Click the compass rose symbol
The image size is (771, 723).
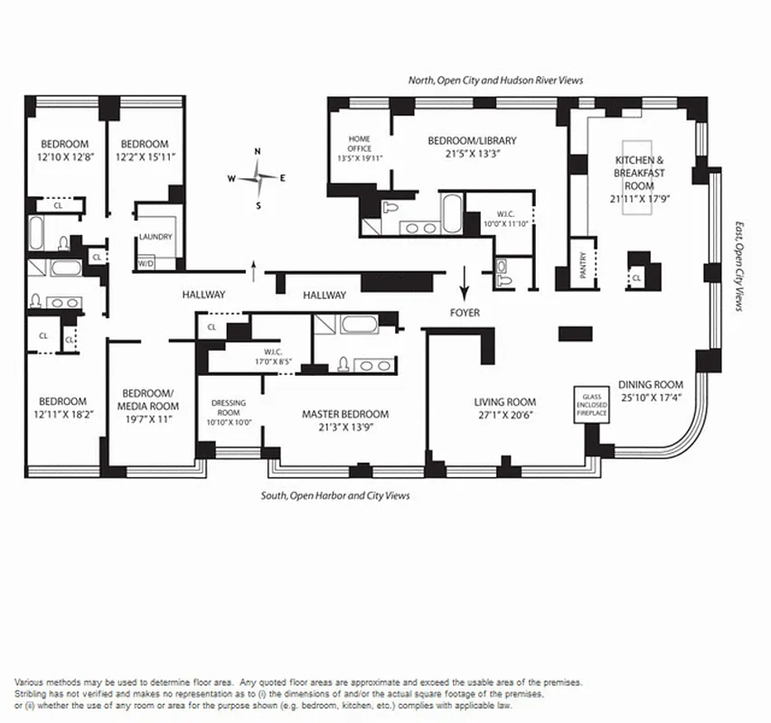point(258,178)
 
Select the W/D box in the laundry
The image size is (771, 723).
point(145,264)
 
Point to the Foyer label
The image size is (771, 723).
point(465,313)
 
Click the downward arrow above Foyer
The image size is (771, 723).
point(465,284)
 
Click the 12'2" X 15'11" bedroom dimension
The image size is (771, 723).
point(145,157)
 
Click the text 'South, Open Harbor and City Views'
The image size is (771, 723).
point(335,495)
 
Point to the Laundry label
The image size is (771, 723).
point(155,238)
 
